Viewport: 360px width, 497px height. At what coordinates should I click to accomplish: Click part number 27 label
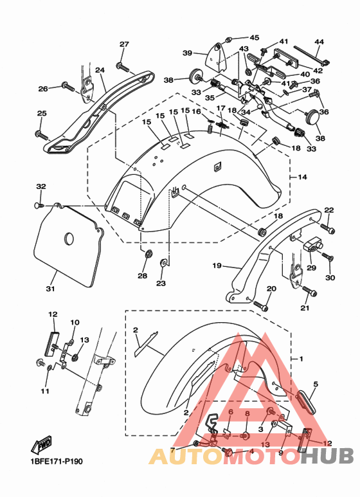(124, 44)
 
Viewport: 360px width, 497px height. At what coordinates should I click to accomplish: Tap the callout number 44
(319, 42)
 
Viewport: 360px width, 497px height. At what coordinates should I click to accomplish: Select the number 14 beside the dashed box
(303, 177)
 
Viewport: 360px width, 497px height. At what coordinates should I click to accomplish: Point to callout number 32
(41, 186)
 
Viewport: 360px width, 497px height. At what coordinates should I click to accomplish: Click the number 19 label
(217, 265)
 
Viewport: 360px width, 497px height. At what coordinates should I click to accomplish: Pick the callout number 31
(50, 289)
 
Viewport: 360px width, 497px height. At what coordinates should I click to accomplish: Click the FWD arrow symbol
(41, 445)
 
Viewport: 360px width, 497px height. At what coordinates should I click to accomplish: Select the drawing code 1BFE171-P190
(57, 461)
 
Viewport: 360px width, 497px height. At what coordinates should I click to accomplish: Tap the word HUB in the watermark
(327, 456)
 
